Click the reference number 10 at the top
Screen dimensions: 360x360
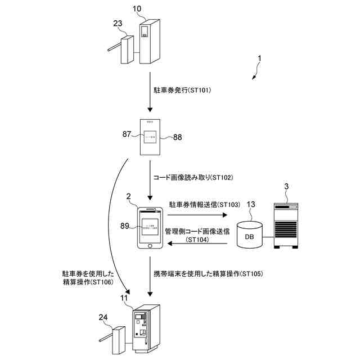[137, 10]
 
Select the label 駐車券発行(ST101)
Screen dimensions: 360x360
[182, 90]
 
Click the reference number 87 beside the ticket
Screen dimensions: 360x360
[127, 135]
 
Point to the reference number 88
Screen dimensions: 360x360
[178, 137]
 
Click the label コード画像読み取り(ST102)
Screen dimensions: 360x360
[193, 177]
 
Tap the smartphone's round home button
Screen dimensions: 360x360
[150, 246]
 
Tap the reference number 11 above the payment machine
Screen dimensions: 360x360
[124, 296]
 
